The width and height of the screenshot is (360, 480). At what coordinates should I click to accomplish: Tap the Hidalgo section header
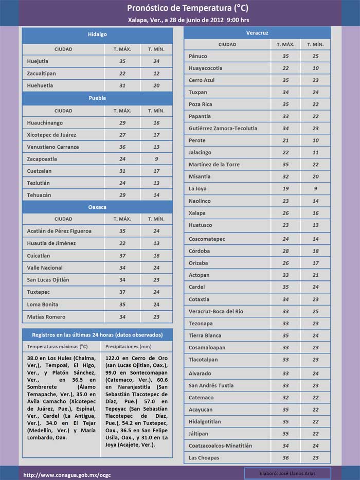pos(97,34)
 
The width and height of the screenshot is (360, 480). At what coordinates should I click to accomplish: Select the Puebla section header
pos(97,98)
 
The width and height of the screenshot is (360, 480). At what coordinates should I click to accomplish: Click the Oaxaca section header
pos(97,207)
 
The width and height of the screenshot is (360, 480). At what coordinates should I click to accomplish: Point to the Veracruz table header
pos(258,32)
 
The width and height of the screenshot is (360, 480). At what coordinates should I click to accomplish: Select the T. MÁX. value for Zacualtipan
pos(122,74)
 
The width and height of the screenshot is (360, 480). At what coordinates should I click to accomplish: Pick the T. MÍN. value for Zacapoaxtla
pos(156,159)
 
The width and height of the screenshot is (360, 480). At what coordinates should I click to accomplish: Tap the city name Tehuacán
pos(39,195)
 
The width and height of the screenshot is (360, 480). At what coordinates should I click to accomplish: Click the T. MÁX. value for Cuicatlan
pos(122,256)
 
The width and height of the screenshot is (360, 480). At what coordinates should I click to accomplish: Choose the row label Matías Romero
pos(46,317)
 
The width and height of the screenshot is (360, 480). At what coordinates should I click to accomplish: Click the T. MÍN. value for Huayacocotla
pos(315,68)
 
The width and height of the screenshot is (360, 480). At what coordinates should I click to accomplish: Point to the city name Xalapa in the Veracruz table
pos(197,213)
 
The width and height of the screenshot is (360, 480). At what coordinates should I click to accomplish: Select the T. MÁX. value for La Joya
pos(285,189)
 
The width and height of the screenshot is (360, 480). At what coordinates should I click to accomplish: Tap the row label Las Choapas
pos(204,458)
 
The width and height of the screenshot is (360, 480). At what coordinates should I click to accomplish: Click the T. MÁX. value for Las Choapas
pos(285,458)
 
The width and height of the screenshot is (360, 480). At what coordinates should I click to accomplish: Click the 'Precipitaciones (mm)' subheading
pos(129,347)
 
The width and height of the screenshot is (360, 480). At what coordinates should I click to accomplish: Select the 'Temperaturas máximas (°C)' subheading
pos(58,347)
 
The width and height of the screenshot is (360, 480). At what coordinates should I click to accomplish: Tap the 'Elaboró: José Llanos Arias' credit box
pos(287,473)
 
